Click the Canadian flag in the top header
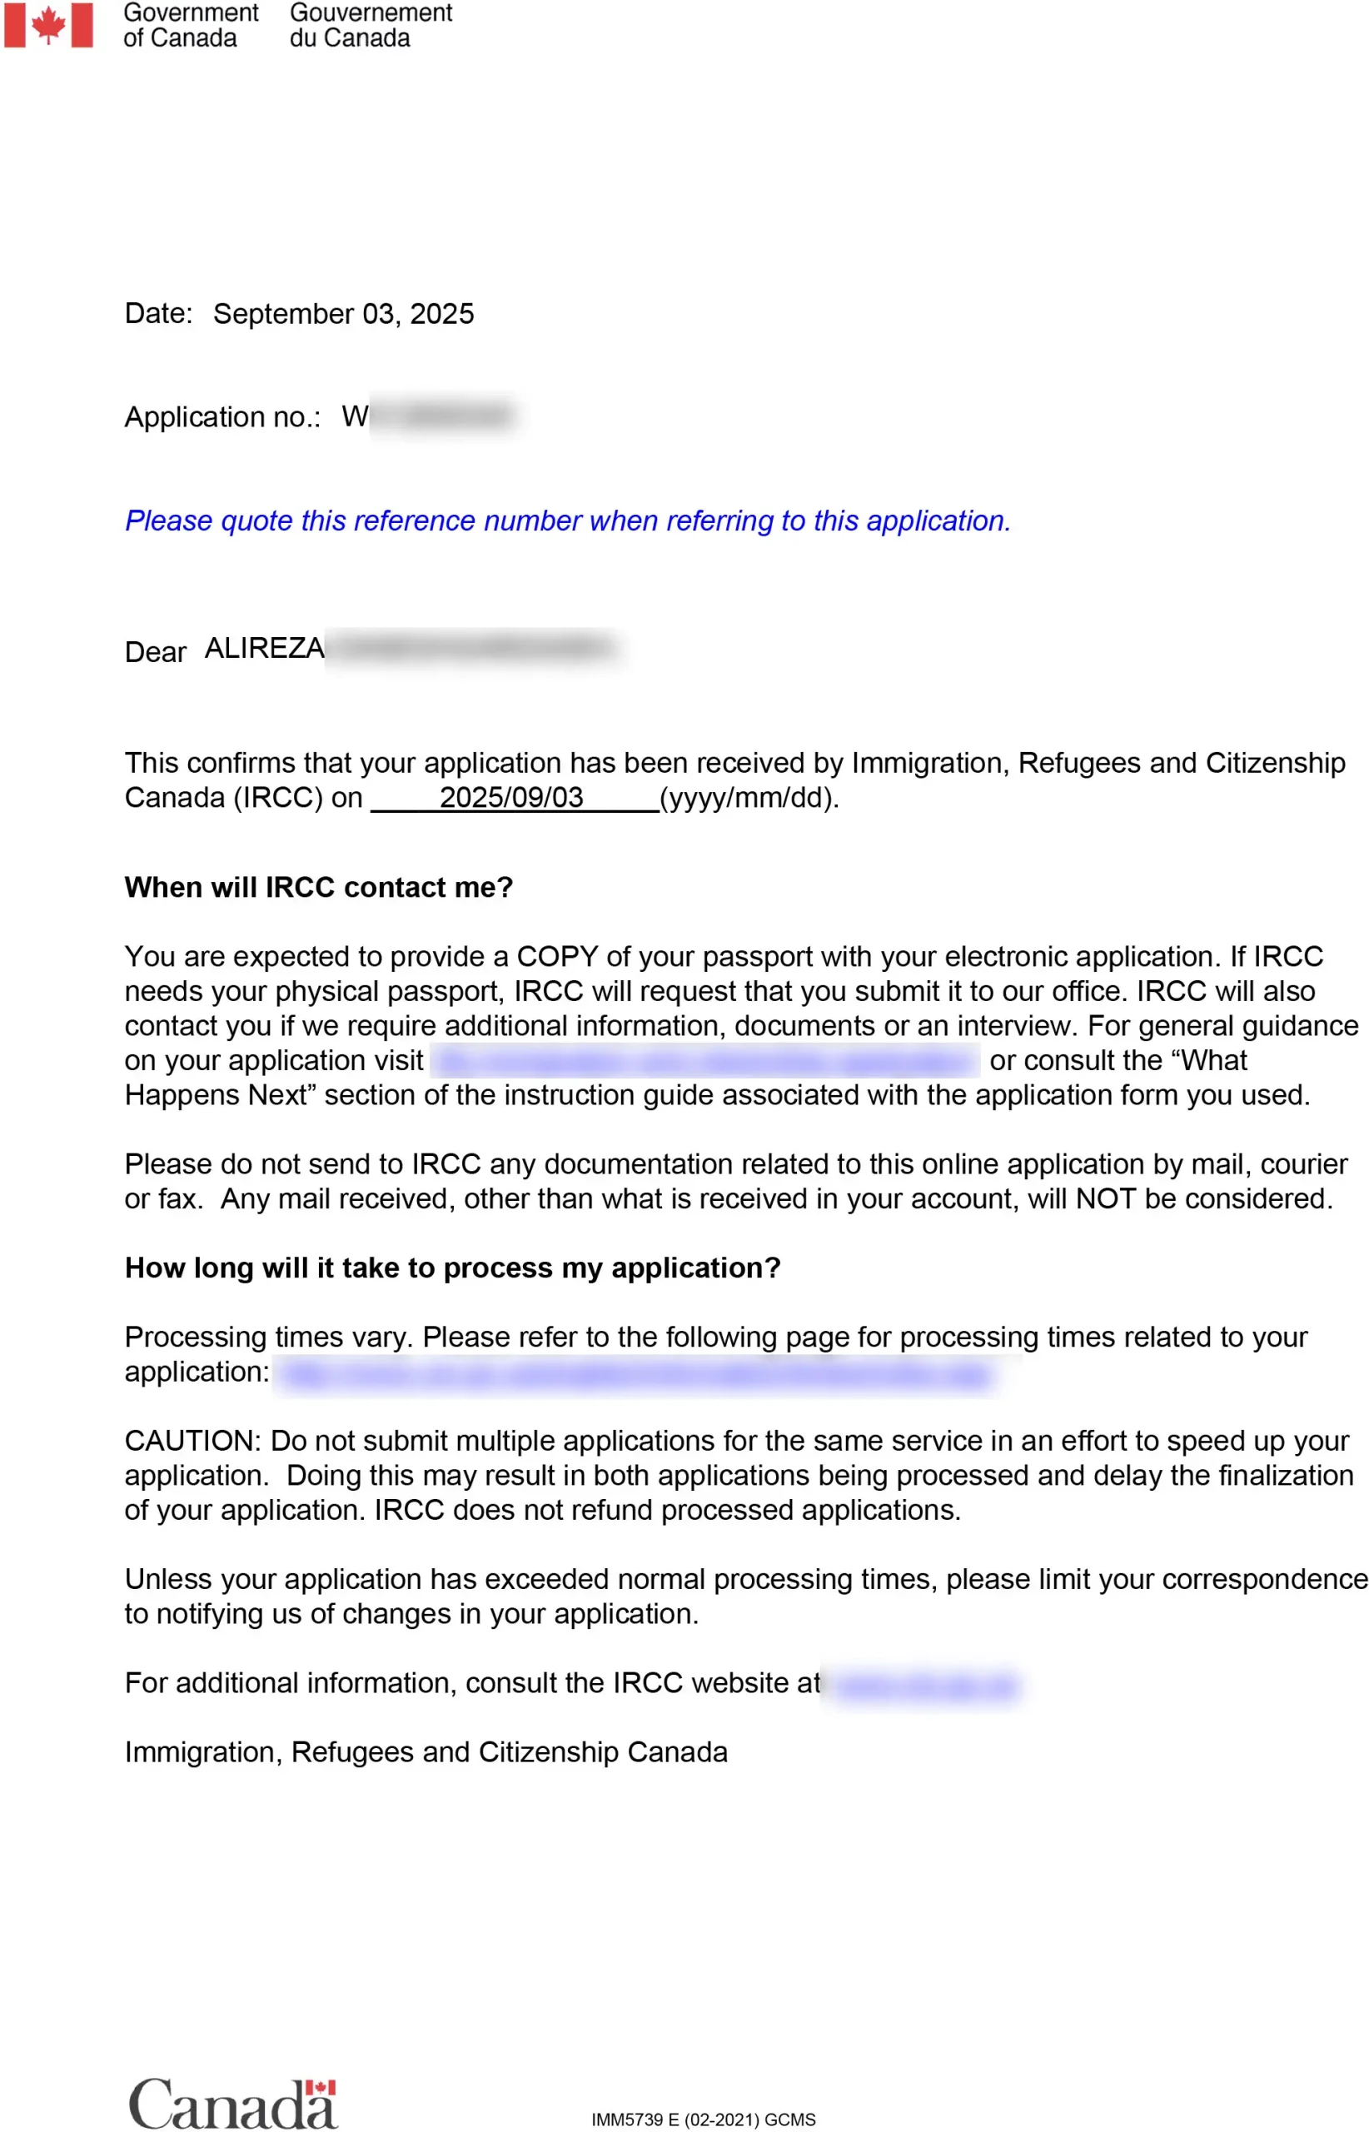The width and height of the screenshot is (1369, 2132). coord(48,25)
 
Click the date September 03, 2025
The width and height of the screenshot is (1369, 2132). coord(343,314)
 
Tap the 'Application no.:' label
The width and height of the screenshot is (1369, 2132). coord(222,417)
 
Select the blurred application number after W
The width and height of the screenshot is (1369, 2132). coord(443,416)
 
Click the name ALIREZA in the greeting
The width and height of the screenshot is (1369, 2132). coord(264,648)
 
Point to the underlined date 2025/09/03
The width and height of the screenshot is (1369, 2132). coord(511,798)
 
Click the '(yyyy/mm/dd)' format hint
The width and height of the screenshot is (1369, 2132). coord(749,798)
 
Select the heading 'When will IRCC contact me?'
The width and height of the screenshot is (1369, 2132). coord(318,887)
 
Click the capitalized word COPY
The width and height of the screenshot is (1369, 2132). coord(557,957)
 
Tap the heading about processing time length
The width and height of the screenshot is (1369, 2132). coord(452,1268)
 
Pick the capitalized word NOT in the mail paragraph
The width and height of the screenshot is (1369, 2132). coord(1105,1199)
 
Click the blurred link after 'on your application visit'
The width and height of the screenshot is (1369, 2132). coord(705,1061)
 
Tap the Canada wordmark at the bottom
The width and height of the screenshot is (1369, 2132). coord(233,2105)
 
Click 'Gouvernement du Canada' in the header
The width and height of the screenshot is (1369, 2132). coord(370,25)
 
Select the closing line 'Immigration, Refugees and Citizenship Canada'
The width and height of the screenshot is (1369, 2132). coord(426,1752)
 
